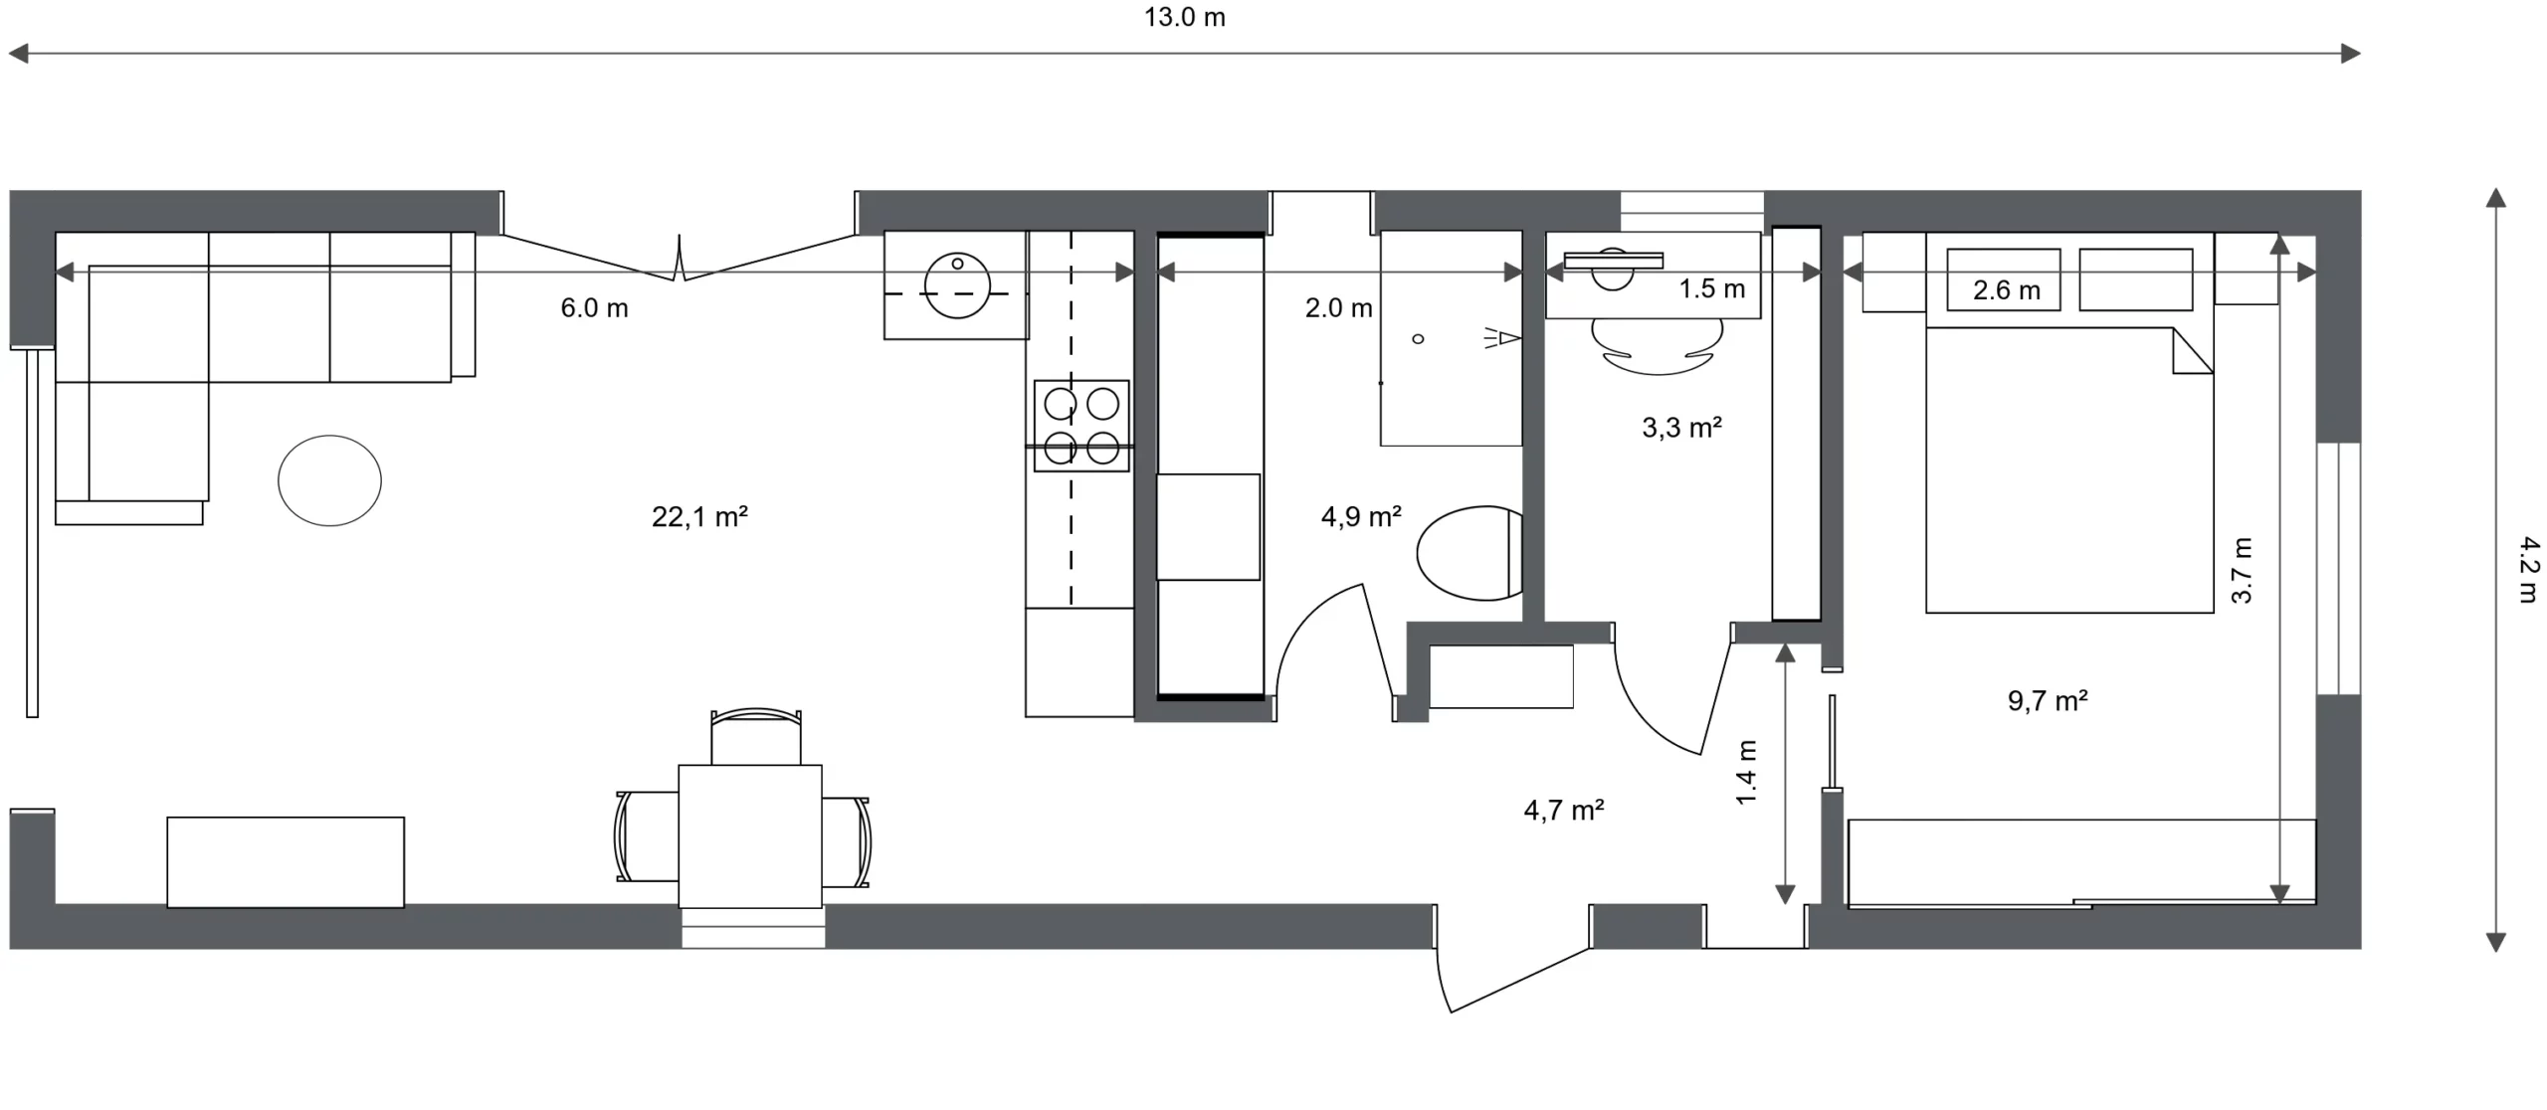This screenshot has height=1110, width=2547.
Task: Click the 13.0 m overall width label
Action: click(x=1184, y=18)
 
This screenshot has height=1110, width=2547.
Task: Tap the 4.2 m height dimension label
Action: click(x=2528, y=570)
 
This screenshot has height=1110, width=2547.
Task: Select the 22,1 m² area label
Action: click(x=699, y=516)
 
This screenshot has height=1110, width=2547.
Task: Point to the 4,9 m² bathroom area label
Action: click(x=1361, y=516)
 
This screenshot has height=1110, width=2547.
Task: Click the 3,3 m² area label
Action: click(x=1681, y=428)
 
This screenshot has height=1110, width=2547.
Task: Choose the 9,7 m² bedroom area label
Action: click(x=2048, y=701)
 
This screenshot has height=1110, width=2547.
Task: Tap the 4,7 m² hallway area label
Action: click(x=1564, y=811)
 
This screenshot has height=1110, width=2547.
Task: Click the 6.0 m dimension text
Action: click(x=594, y=308)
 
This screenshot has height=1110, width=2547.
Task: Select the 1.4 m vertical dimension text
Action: click(x=1746, y=773)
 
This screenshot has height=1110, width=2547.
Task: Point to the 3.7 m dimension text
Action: click(x=2241, y=570)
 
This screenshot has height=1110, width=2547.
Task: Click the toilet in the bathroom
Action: click(x=1470, y=553)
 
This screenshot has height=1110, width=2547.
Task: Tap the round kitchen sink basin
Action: click(x=957, y=285)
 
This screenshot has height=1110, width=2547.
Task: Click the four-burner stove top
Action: click(x=1081, y=426)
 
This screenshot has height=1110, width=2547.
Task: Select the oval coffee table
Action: click(x=329, y=480)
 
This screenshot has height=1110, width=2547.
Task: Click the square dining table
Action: click(x=750, y=836)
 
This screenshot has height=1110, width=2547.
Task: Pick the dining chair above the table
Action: click(x=756, y=736)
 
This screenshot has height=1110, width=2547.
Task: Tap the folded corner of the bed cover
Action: click(x=2192, y=351)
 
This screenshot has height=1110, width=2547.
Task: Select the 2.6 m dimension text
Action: click(x=2007, y=290)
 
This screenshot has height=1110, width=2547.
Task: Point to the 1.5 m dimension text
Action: click(x=1712, y=289)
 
